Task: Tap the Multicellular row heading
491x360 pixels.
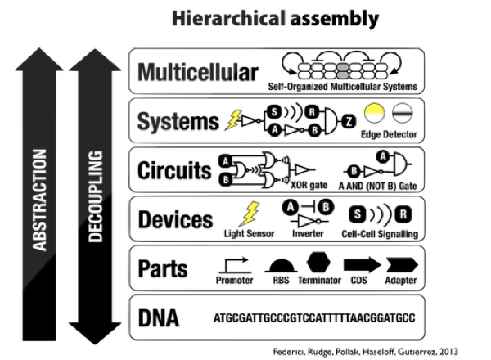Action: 198,73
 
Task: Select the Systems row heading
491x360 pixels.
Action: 173,123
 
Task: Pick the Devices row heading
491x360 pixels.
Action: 175,219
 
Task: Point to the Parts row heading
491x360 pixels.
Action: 163,268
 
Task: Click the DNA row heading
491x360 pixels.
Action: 159,317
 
